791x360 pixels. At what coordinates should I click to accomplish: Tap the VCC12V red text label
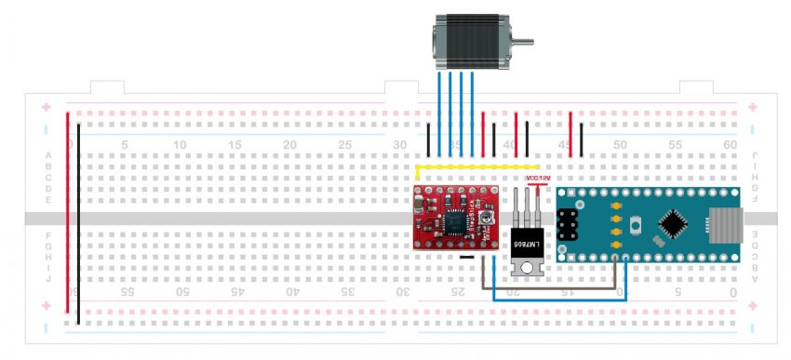tap(538, 177)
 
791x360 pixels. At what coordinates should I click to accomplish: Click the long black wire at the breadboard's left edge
tap(79, 223)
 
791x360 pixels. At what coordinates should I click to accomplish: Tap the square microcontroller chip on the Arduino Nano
tap(672, 224)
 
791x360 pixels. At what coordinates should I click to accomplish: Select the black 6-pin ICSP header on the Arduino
tap(569, 224)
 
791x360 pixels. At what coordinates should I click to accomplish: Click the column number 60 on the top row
tap(730, 145)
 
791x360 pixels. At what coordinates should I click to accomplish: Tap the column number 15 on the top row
tap(235, 145)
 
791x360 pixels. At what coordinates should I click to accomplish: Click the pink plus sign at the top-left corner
tap(45, 107)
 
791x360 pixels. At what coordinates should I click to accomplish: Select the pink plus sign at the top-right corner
tap(752, 107)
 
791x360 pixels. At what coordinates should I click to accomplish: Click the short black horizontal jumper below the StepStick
tap(468, 257)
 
